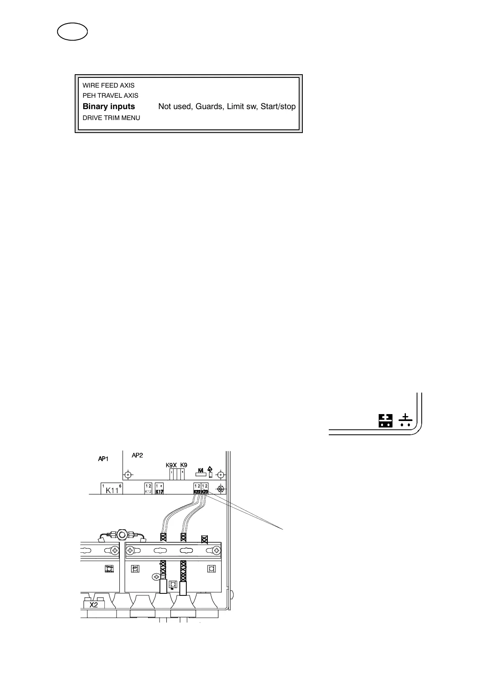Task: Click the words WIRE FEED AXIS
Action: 108,86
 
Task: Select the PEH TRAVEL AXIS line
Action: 110,96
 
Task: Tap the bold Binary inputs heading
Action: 109,107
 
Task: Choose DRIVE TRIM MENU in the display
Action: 111,118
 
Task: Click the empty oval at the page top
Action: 72,32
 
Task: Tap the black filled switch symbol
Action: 386,421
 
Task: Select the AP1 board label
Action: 103,459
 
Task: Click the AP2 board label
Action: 138,455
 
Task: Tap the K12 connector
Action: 148,488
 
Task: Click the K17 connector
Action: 159,488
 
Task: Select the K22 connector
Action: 197,489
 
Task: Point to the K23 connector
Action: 205,489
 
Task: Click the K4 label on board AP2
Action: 200,471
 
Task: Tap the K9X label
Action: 171,465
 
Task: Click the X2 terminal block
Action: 94,605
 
